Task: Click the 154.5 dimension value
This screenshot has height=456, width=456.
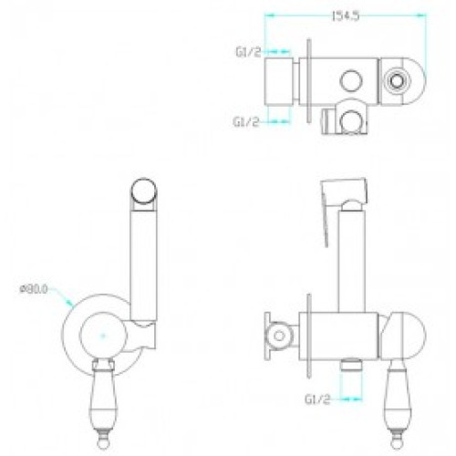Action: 346,16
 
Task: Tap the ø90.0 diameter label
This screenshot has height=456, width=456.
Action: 34,289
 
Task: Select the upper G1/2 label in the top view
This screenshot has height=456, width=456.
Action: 248,52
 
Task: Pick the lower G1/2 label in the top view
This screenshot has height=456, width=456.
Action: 246,122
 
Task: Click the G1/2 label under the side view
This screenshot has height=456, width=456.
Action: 317,399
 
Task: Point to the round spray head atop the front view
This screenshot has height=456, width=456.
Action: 144,190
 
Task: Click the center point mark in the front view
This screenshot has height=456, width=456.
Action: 103,336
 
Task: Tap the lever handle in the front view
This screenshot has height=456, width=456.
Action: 103,404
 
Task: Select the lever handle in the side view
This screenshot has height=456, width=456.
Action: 399,404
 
